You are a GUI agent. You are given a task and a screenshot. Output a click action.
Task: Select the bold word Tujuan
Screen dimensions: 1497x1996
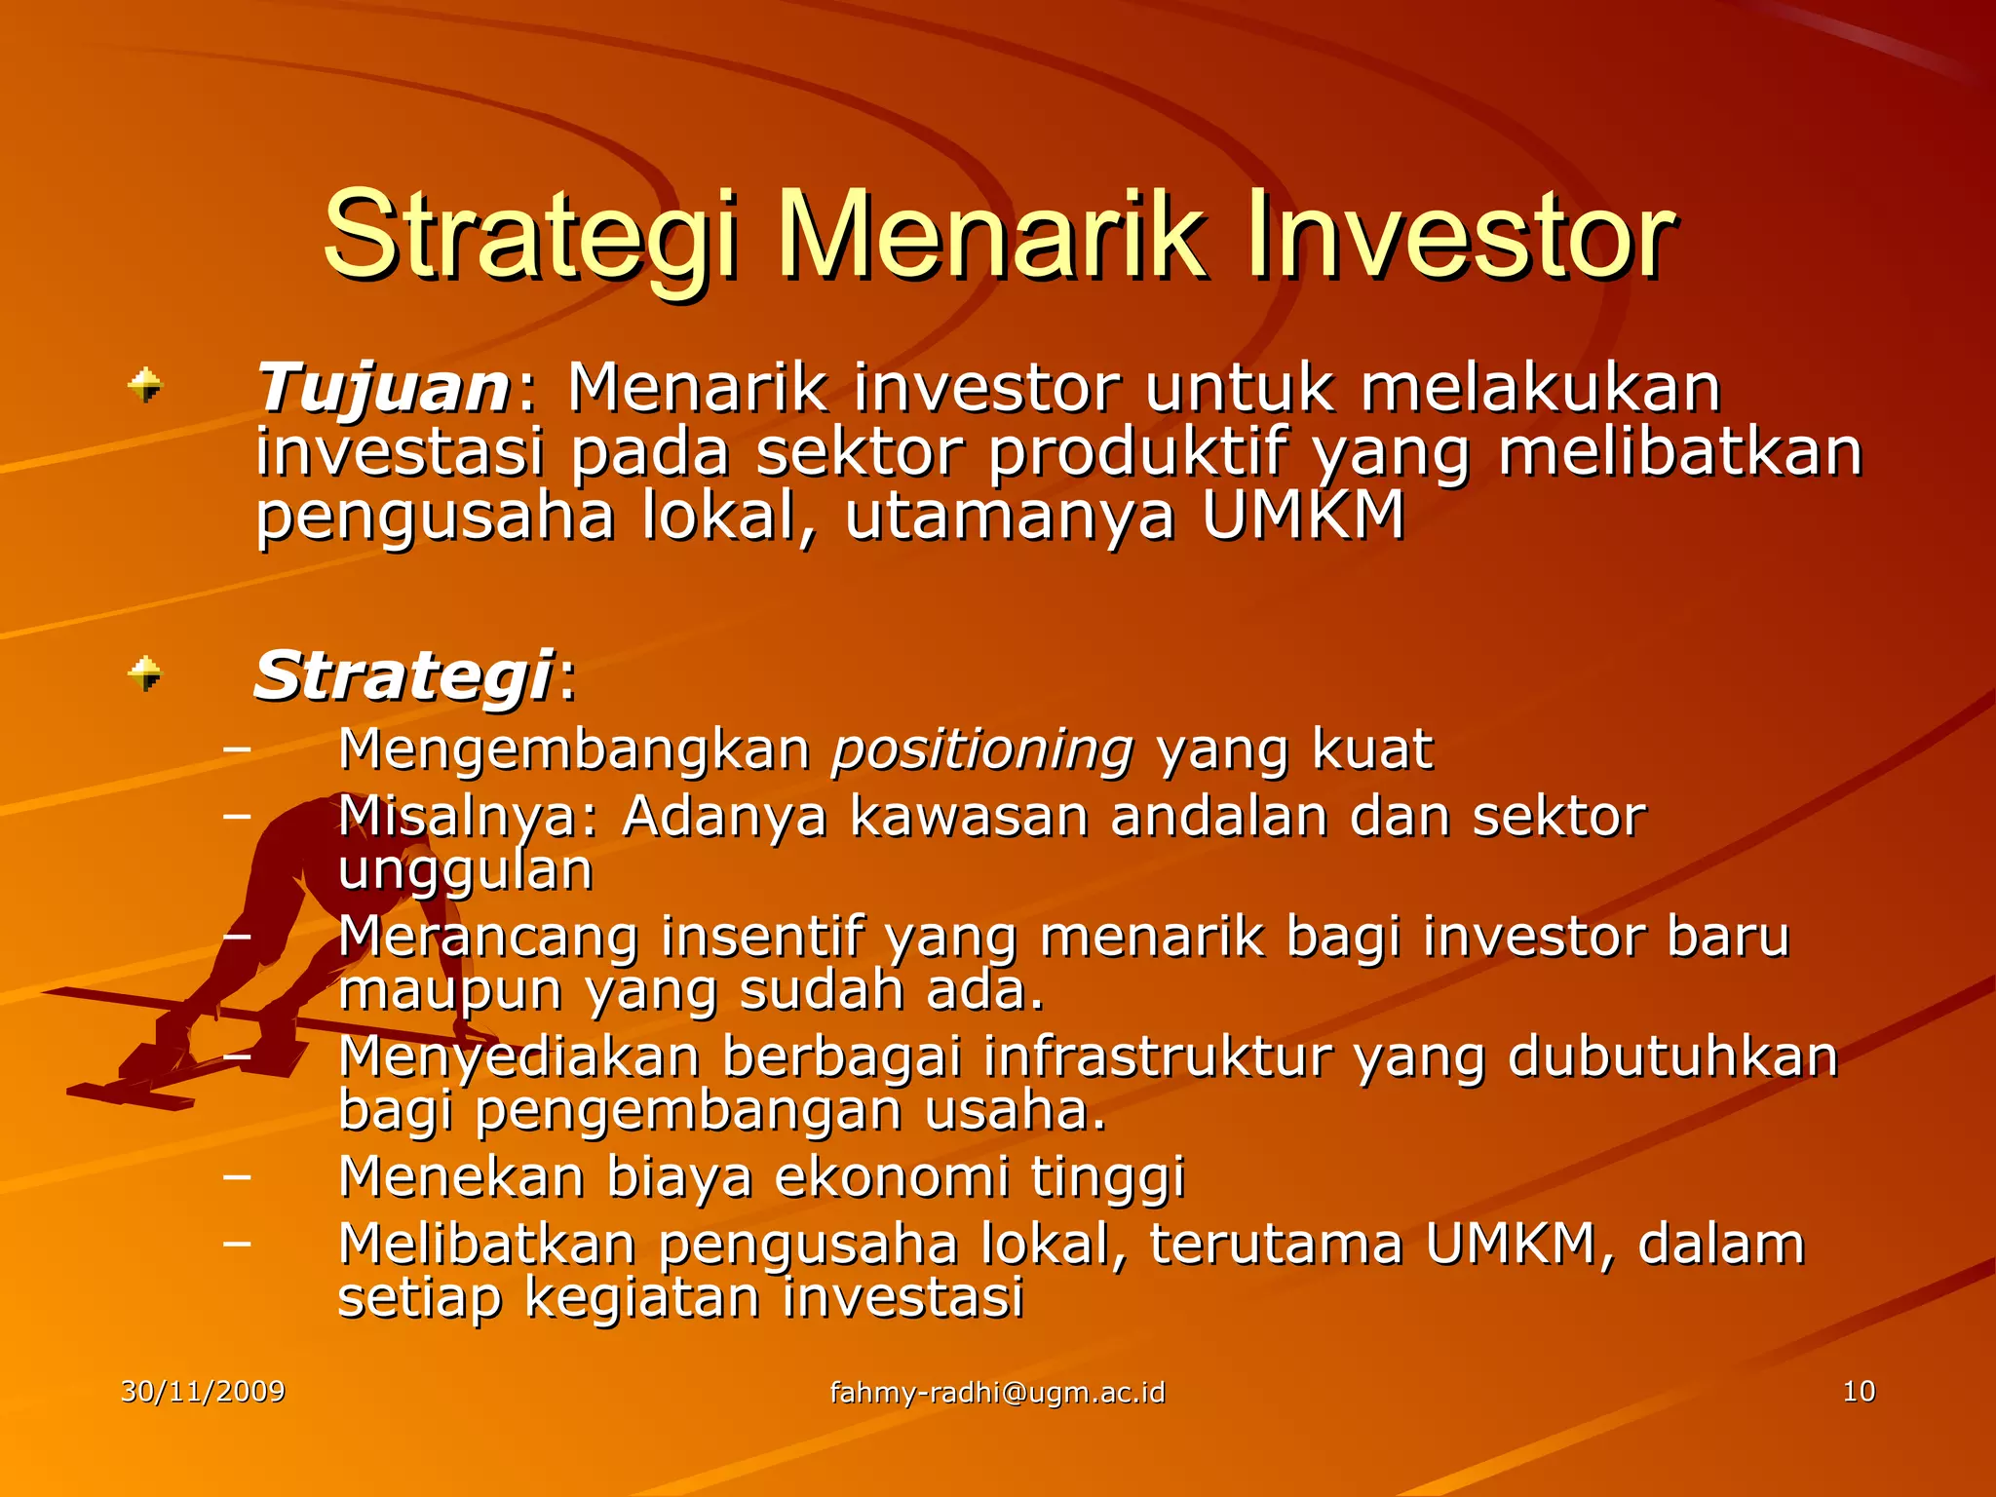pos(382,389)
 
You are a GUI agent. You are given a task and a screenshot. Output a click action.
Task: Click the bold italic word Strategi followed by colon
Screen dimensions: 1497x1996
pos(403,676)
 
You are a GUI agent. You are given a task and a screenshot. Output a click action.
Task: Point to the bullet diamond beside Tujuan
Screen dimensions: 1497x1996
pos(145,385)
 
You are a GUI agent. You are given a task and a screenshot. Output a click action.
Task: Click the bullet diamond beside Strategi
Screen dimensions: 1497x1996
pos(145,673)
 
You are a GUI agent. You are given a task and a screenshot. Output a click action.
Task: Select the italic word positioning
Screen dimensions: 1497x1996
pos(982,750)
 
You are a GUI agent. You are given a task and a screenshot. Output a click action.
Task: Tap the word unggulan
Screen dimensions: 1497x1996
pos(465,870)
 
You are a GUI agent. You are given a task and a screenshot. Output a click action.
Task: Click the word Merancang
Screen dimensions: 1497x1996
pos(487,938)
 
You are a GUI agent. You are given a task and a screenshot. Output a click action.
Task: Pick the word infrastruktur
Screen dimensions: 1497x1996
pos(1158,1057)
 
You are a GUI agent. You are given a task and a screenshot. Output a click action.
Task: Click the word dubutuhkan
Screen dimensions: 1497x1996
pos(1672,1057)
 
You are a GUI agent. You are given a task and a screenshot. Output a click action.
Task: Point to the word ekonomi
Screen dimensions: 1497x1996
pos(891,1176)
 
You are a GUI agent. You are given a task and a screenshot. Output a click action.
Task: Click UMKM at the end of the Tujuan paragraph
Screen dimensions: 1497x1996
pos(1303,516)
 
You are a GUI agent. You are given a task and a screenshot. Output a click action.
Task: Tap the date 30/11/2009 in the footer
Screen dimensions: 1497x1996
pos(203,1392)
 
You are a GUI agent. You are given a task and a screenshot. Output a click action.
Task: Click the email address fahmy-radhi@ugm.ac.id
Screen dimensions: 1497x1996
pos(997,1393)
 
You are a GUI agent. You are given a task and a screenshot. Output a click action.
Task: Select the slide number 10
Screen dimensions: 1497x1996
pos(1859,1392)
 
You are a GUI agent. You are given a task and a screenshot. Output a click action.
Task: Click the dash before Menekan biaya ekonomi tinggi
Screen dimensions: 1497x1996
pos(236,1176)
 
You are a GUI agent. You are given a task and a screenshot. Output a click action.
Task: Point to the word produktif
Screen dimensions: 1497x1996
pos(1137,453)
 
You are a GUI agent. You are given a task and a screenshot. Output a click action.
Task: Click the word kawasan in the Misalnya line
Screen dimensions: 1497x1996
pos(968,817)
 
